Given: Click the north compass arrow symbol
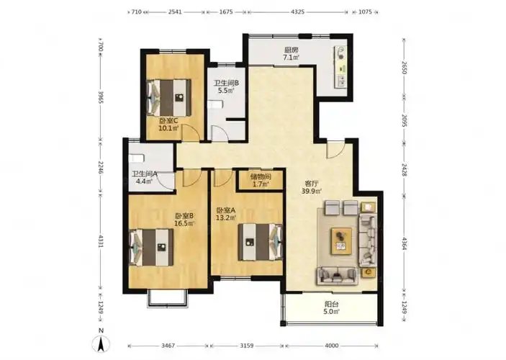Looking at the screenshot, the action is [101, 343].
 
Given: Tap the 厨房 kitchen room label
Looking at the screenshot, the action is [291, 50].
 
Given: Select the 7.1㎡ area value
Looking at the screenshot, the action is [291, 58].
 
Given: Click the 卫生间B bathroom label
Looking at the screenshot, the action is [226, 83].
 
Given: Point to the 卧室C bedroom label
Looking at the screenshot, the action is [168, 121].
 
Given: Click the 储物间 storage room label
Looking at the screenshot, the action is [261, 176].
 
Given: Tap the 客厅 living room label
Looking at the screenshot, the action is [312, 184].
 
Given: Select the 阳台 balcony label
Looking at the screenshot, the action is [332, 304].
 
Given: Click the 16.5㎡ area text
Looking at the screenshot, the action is [184, 223].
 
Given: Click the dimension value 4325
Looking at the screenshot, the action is [297, 12].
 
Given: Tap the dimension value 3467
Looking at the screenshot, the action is [168, 346].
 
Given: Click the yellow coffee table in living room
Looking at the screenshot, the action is [341, 241].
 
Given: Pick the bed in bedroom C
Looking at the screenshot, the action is [169, 97].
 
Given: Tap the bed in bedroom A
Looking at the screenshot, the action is [260, 242].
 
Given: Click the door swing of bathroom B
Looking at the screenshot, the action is [220, 133].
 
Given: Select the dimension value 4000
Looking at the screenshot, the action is [332, 346].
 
